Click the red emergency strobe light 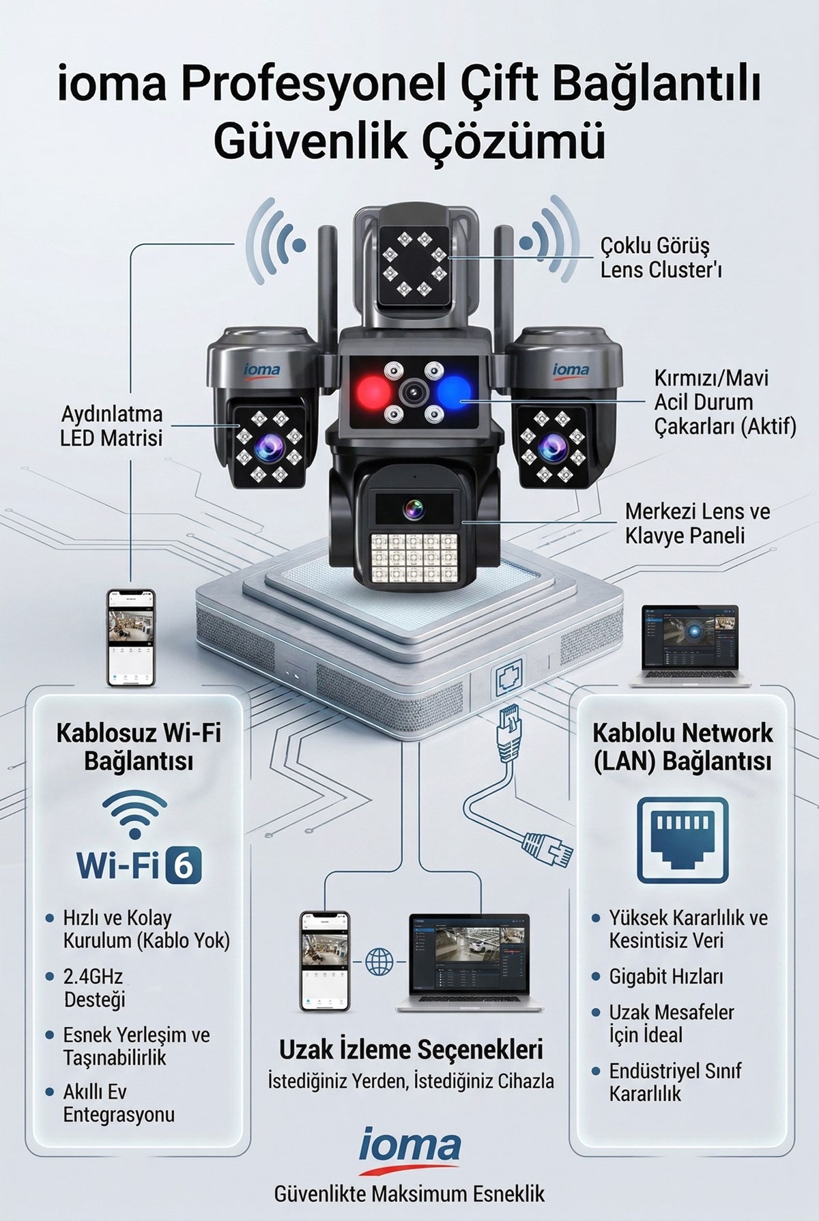[x=372, y=392]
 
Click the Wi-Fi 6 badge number [x=184, y=865]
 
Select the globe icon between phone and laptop [x=379, y=962]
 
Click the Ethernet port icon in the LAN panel [x=682, y=840]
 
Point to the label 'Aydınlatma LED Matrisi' [x=112, y=426]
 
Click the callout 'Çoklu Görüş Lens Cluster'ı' [x=661, y=257]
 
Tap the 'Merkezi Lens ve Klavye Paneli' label [x=697, y=523]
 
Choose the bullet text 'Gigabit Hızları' [x=665, y=977]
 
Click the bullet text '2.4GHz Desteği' [x=94, y=988]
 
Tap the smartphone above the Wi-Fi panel [x=131, y=637]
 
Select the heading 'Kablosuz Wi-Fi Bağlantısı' [x=139, y=747]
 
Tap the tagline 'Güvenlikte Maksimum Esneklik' [x=409, y=1194]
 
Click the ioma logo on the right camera [x=571, y=370]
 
